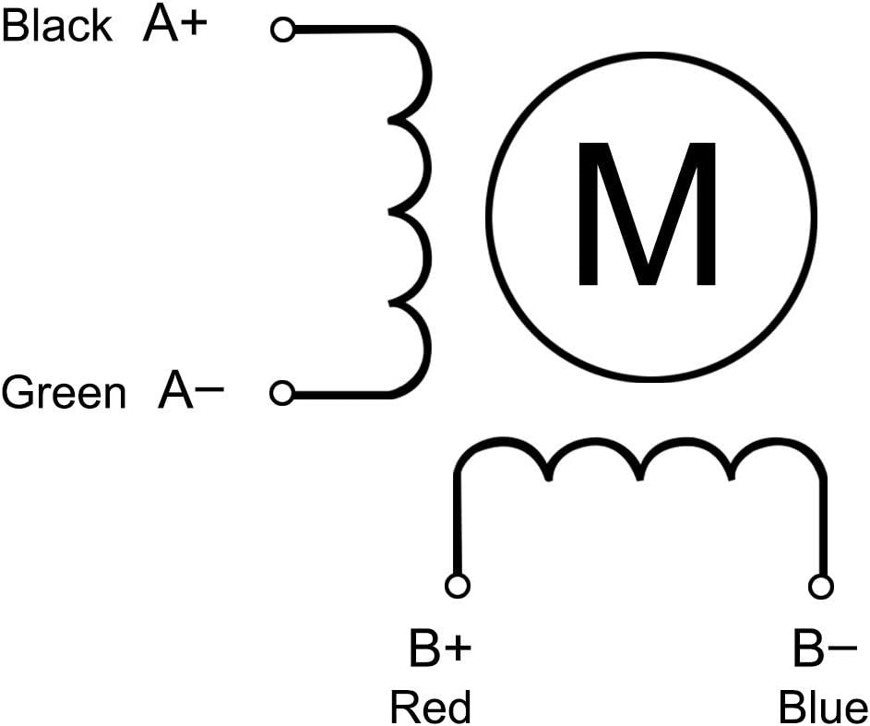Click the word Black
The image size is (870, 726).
click(x=57, y=26)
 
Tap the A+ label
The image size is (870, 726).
click(x=174, y=25)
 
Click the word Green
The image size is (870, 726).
click(x=64, y=392)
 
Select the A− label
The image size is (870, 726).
click(x=190, y=391)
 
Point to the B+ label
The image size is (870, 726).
click(x=440, y=648)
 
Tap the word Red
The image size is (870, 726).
click(x=431, y=707)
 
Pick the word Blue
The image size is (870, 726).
click(x=823, y=707)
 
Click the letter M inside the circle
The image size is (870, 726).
click(x=647, y=214)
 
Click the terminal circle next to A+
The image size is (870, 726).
click(x=283, y=30)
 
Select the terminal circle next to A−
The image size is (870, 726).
click(x=282, y=393)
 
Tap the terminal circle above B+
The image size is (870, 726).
click(x=458, y=586)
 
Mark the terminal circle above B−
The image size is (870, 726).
click(x=821, y=586)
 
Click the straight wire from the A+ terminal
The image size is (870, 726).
click(x=344, y=30)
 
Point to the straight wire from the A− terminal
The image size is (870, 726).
click(x=341, y=395)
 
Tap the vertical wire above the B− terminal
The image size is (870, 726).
click(x=823, y=525)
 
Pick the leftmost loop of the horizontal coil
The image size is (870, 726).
click(x=502, y=442)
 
